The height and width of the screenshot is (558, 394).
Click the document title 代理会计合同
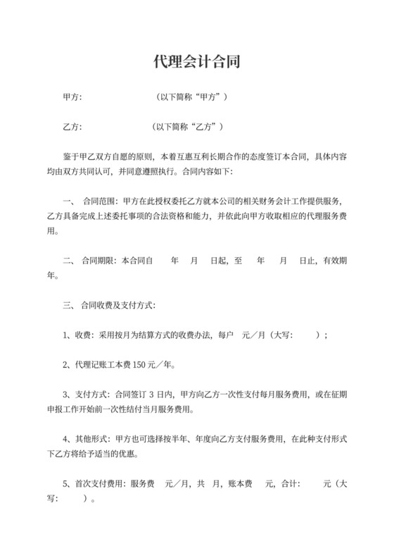197,61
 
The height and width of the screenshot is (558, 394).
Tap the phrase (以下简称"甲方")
191,97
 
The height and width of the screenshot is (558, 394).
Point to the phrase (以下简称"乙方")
188,128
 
